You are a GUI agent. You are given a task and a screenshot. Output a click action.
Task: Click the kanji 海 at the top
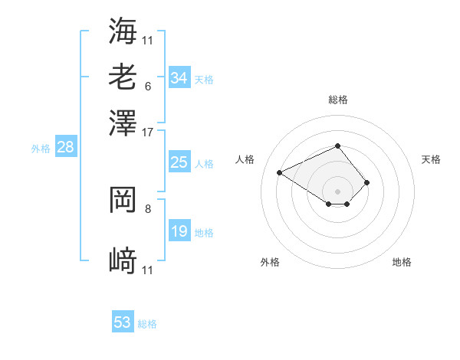tap(123, 31)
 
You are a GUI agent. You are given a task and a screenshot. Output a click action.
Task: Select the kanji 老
tap(123, 77)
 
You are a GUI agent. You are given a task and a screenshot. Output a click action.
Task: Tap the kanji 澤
tap(123, 123)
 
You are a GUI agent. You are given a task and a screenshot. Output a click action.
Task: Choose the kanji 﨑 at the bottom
tap(123, 262)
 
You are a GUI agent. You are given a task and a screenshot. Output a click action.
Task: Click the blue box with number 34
tap(179, 78)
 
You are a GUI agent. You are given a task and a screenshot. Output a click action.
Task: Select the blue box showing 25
tap(179, 162)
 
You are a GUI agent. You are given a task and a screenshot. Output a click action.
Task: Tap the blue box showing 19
tap(179, 231)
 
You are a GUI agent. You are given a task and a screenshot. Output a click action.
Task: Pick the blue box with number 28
tap(65, 148)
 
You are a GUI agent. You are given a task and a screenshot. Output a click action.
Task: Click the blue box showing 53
tap(123, 322)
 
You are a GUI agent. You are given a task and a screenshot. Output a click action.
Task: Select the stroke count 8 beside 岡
tap(148, 208)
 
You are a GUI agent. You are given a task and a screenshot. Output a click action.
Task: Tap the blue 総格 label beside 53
tap(147, 324)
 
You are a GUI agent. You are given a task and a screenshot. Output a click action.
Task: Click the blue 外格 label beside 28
tap(41, 149)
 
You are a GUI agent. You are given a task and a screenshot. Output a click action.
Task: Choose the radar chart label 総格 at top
tap(337, 100)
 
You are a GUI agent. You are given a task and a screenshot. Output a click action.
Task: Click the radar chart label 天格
tap(431, 159)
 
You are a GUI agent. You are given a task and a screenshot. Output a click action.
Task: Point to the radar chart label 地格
tap(402, 262)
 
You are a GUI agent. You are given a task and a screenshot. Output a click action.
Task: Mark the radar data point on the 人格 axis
tap(280, 172)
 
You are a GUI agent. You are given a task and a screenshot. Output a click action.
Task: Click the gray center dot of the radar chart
tap(337, 191)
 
